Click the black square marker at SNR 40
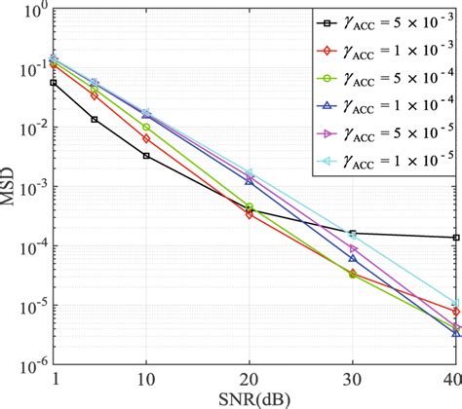click(x=455, y=238)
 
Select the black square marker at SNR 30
click(x=352, y=233)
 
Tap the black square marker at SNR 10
click(x=146, y=156)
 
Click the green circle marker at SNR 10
click(x=146, y=128)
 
